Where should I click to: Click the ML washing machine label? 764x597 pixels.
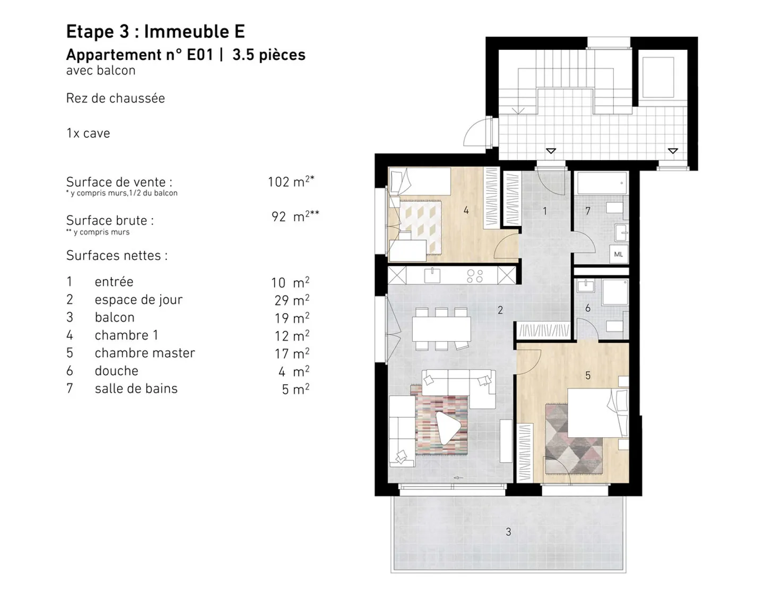click(618, 254)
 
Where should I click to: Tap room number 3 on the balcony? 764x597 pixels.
click(508, 532)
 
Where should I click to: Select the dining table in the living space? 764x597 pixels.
click(441, 329)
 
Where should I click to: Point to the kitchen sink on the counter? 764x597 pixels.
click(432, 275)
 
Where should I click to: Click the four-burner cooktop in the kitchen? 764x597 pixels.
click(474, 275)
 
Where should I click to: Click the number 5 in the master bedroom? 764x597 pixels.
click(587, 376)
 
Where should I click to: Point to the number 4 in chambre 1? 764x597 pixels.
click(466, 211)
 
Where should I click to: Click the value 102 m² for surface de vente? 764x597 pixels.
click(290, 181)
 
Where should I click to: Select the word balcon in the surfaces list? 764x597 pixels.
click(115, 317)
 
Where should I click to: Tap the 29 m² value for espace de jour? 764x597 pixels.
click(291, 300)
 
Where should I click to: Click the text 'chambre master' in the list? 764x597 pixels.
click(144, 353)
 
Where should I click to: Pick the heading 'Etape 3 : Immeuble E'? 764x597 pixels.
click(155, 32)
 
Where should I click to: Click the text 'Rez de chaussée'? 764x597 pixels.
click(115, 98)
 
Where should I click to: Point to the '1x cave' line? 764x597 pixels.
click(88, 133)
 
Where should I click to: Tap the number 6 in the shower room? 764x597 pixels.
click(587, 308)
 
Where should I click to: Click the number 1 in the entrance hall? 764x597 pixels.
click(544, 211)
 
